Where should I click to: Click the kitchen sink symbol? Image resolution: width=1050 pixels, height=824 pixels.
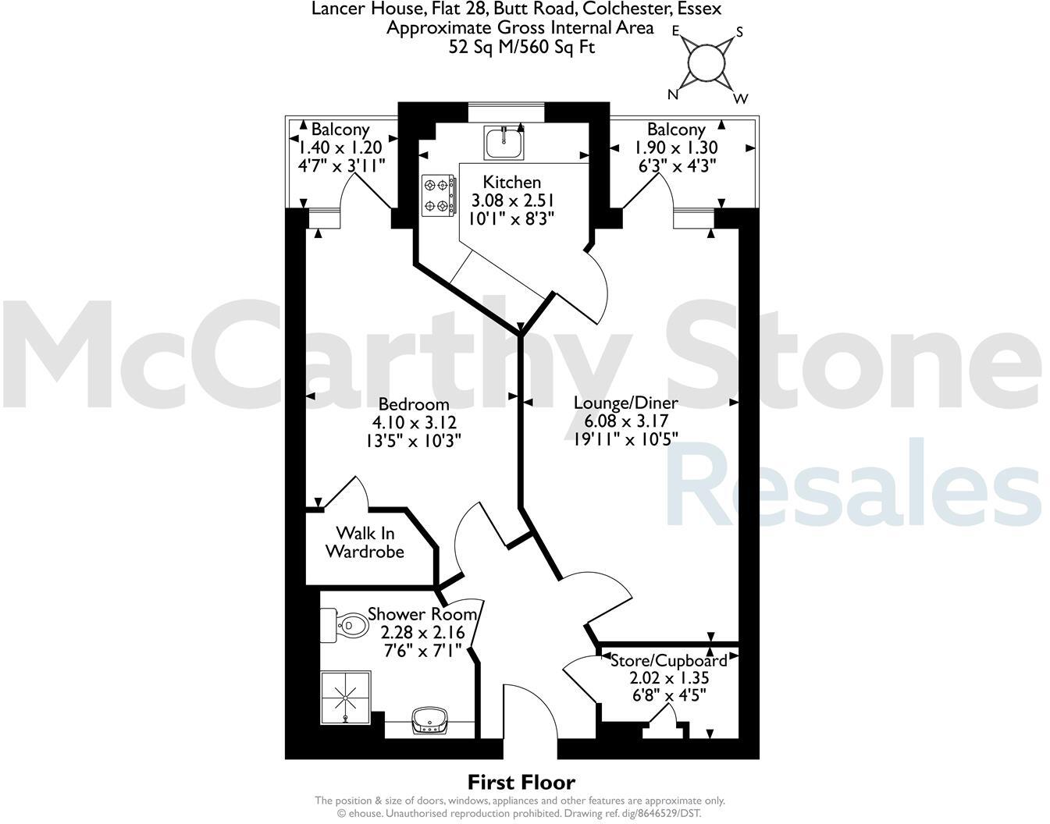(x=503, y=144)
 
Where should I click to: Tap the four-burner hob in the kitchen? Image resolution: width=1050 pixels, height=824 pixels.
(x=438, y=195)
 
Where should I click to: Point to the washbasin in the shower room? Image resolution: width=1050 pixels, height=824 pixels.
(x=428, y=719)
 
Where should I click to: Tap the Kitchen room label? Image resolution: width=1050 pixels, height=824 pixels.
(x=511, y=182)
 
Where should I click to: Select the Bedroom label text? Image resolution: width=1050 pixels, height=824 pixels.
(x=414, y=404)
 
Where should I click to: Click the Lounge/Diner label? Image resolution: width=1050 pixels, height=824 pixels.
(x=625, y=403)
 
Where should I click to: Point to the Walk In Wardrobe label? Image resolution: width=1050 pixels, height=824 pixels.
(x=365, y=542)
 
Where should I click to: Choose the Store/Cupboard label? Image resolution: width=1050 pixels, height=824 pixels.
(x=668, y=660)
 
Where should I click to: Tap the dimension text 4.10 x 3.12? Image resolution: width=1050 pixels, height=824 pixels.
(x=414, y=422)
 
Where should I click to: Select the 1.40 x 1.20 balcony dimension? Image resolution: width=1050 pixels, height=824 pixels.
(x=340, y=147)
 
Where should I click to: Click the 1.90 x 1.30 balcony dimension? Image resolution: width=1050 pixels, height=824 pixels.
(x=676, y=147)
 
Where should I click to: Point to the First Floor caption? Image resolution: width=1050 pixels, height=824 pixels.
(x=521, y=782)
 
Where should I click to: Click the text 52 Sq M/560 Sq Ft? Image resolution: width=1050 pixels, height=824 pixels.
(x=521, y=47)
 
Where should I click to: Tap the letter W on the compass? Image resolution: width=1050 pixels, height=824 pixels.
(x=741, y=98)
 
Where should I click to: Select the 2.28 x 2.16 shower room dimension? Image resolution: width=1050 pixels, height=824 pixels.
(x=422, y=631)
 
